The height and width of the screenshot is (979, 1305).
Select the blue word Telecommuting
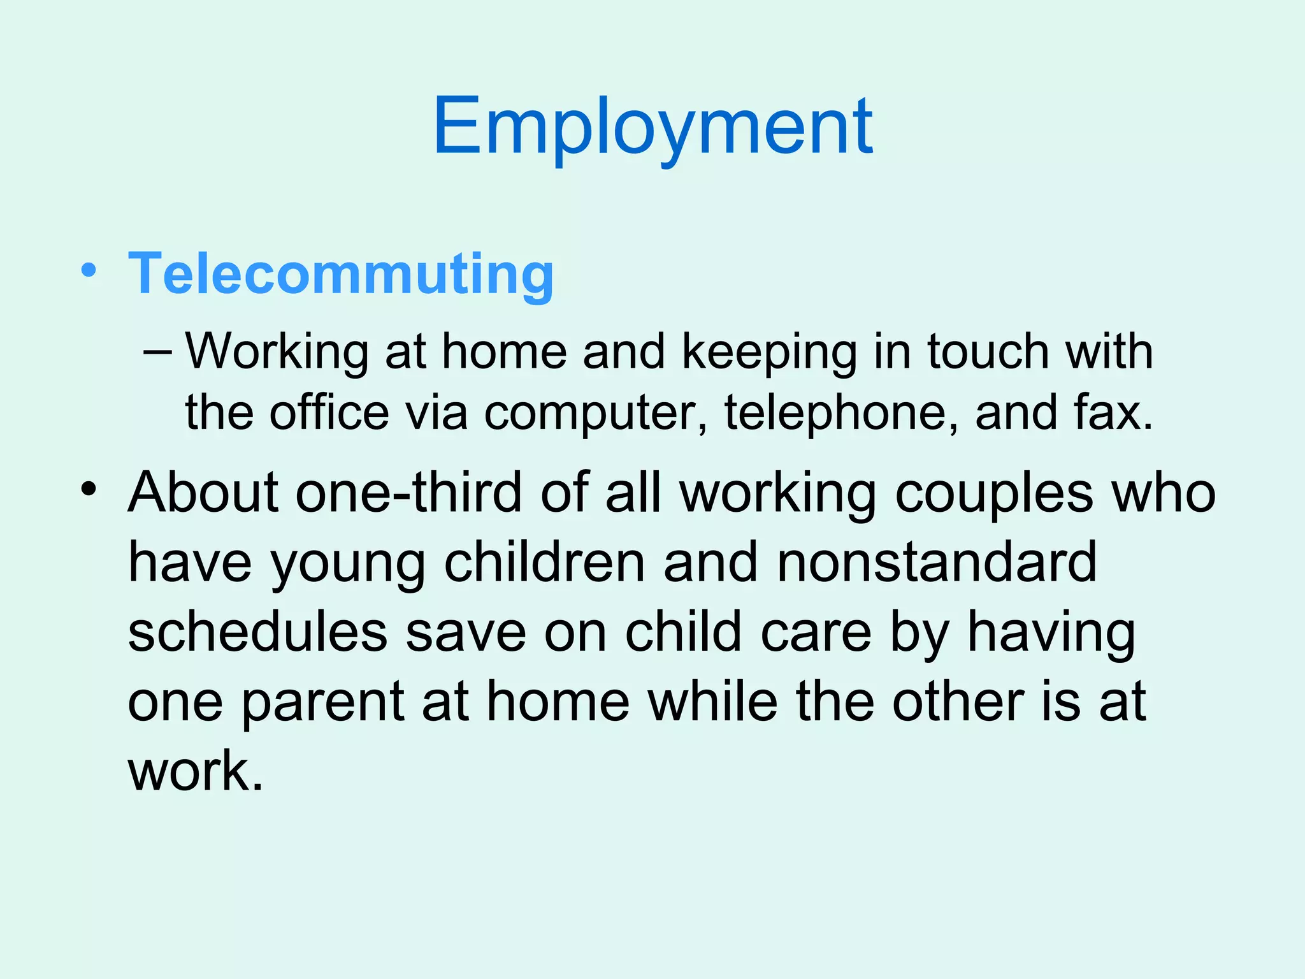(341, 274)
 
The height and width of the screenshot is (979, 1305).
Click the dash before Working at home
(157, 352)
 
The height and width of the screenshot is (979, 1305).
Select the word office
(329, 412)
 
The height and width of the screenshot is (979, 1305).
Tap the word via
(436, 412)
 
